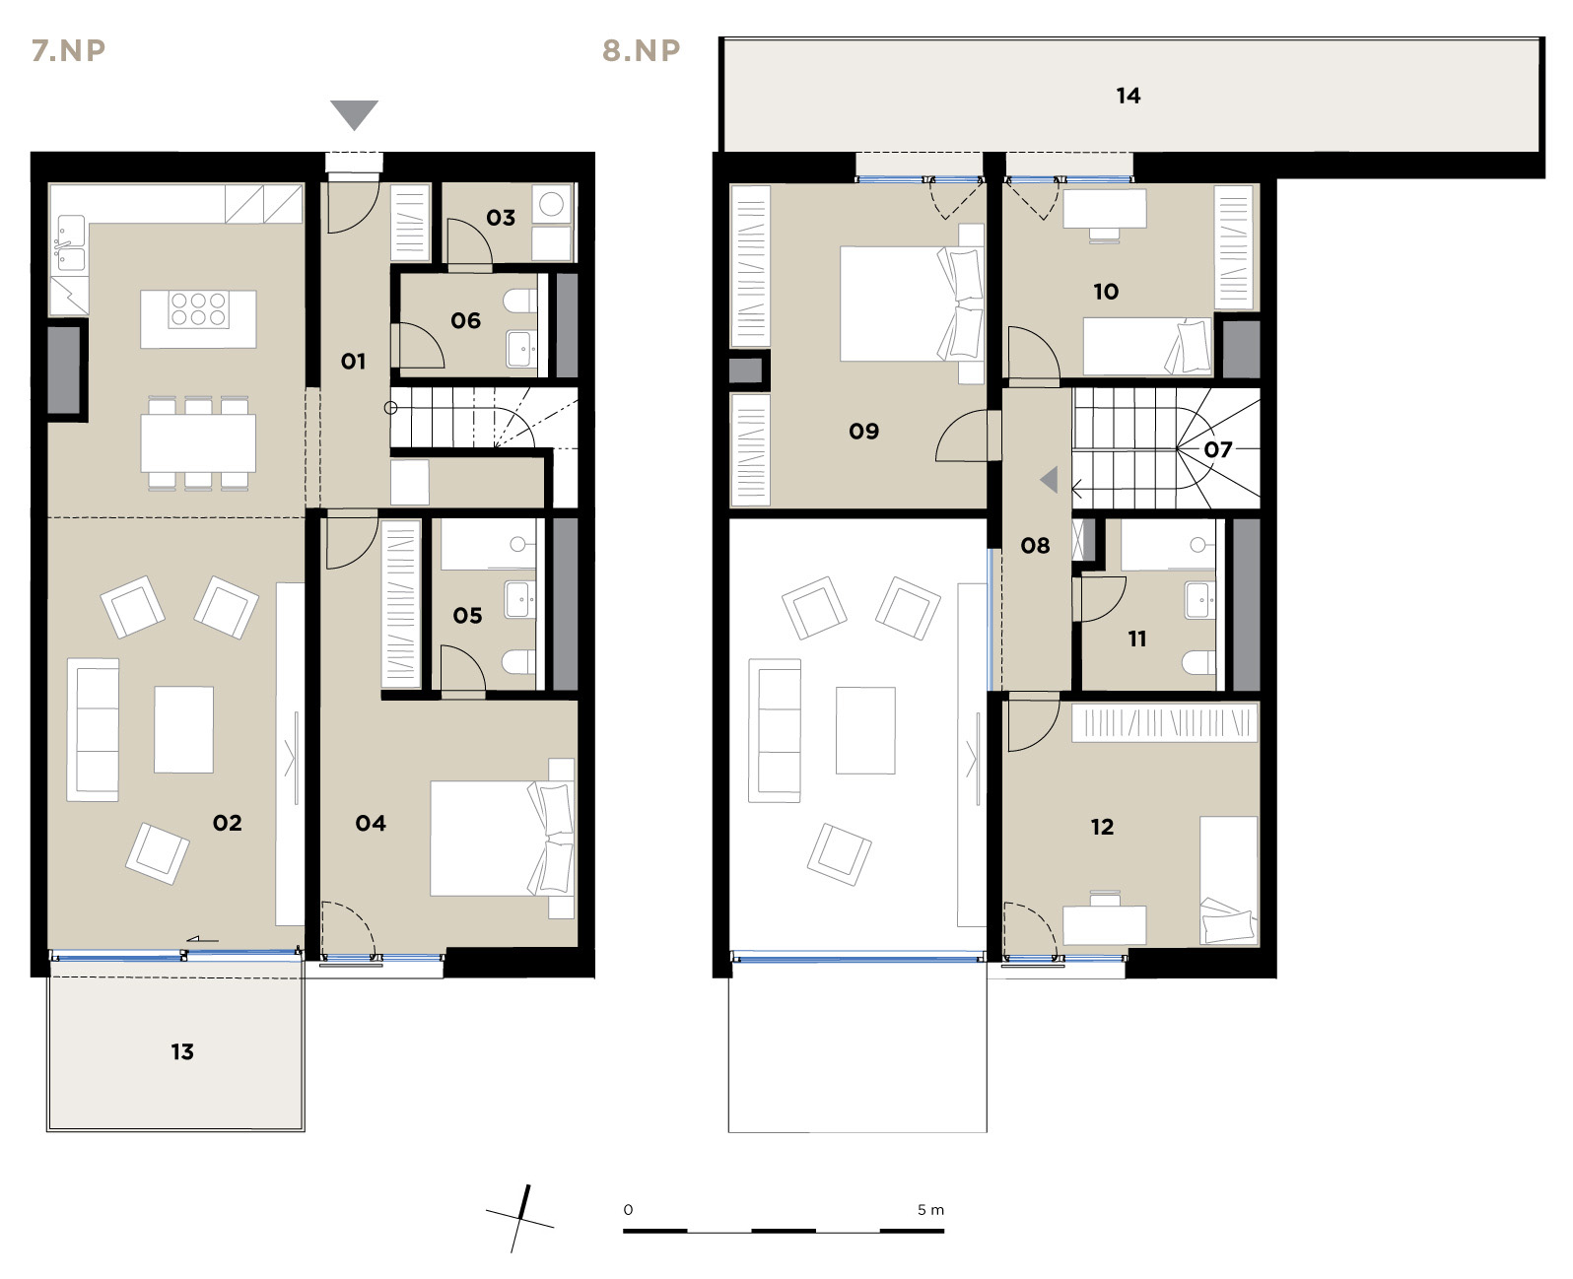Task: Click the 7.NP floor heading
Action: point(69,50)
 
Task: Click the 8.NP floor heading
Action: point(641,50)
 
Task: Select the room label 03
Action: point(500,217)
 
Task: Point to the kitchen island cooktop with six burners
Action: point(198,309)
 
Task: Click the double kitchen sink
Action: point(70,243)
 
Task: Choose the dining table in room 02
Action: point(198,443)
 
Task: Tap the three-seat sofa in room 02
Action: point(93,729)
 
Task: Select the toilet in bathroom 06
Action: point(520,301)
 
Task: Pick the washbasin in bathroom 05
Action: point(520,599)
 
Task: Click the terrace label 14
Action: point(1128,96)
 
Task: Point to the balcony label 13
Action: point(181,1051)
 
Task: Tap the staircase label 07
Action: point(1217,449)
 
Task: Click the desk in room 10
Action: point(1105,208)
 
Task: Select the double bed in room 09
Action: point(912,303)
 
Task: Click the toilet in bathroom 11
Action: point(1197,662)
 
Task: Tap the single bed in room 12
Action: point(1229,880)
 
